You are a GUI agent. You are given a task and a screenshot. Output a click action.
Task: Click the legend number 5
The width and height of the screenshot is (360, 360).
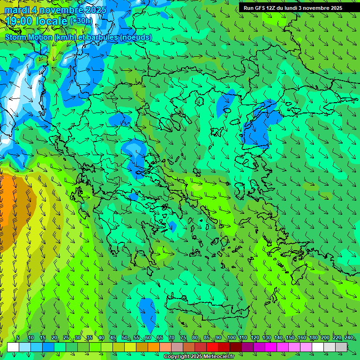coord(18,337)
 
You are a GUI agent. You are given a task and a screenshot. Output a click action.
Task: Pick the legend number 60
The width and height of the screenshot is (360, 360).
coord(148,337)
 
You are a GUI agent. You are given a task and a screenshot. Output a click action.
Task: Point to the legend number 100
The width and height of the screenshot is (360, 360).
coord(231,337)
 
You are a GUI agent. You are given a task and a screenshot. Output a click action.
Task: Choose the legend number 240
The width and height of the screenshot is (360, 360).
coord(349,337)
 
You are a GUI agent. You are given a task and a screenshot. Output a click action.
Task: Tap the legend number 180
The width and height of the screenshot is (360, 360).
coord(314,337)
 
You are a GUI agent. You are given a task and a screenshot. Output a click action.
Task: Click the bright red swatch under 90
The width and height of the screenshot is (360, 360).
coord(212,347)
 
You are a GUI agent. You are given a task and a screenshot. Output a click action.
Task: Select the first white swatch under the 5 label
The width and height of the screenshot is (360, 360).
coord(13,347)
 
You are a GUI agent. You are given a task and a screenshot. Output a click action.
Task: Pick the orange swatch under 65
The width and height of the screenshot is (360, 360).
coord(154,347)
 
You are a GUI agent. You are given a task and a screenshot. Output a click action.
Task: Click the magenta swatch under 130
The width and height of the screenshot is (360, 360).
coord(271,347)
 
